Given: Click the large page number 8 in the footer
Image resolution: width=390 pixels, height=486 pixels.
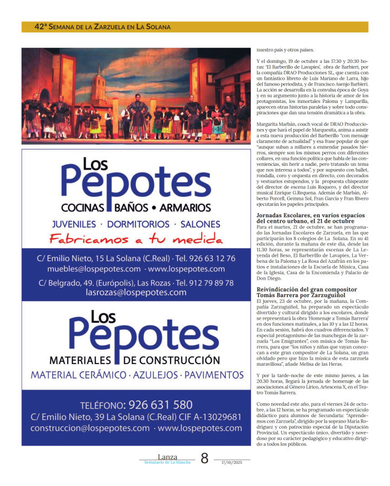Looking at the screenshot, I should (x=204, y=458).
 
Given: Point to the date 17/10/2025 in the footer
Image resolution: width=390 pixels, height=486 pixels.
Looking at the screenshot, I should (x=231, y=462).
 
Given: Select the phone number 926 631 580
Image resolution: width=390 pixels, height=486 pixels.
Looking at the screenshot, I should (x=160, y=405).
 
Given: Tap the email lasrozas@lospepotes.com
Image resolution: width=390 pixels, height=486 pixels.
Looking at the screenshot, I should (x=136, y=292).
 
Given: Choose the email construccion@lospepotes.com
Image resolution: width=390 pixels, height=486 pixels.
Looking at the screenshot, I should (x=90, y=427).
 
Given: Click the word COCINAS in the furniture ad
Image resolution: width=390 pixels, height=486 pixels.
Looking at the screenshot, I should (x=87, y=208).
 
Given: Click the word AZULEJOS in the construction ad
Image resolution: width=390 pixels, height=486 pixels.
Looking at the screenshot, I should (x=154, y=374).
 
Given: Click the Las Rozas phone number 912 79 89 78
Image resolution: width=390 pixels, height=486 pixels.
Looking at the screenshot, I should (x=205, y=283).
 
